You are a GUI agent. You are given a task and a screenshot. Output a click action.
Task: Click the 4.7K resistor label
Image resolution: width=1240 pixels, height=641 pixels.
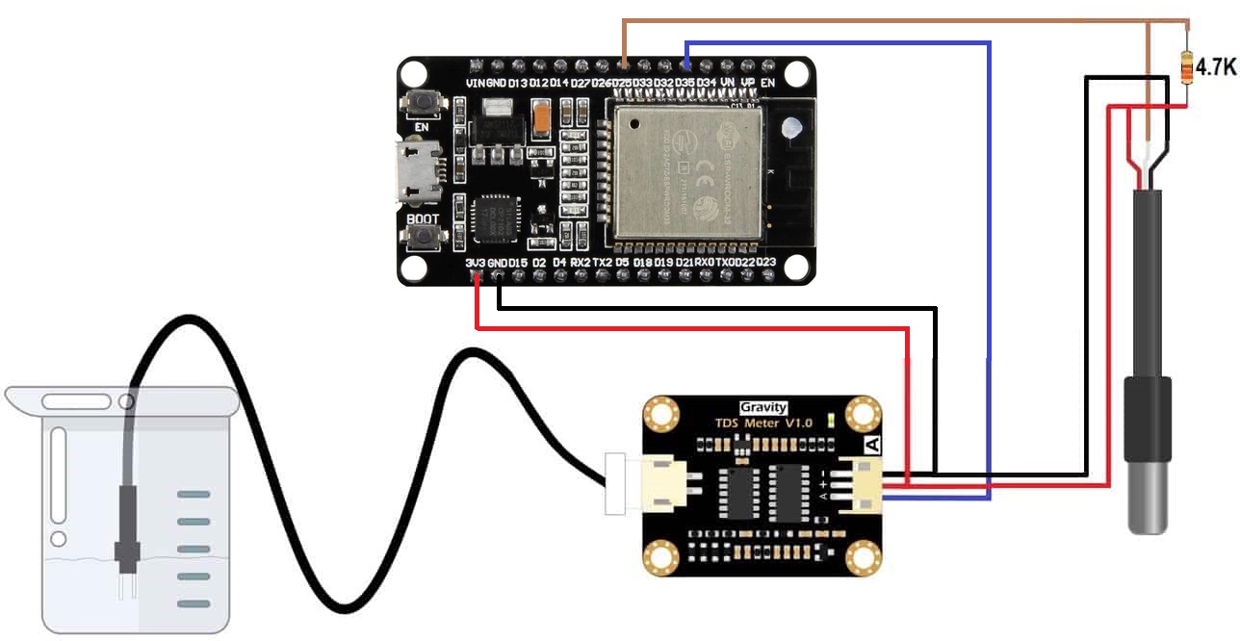coord(1215,67)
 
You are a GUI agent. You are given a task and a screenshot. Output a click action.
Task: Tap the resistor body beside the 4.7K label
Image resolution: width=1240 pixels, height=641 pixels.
coord(1186,67)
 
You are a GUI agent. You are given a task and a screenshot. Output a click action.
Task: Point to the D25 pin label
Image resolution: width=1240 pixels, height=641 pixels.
coord(624,84)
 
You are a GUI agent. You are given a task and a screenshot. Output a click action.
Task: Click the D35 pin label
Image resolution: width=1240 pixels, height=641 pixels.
coord(685,84)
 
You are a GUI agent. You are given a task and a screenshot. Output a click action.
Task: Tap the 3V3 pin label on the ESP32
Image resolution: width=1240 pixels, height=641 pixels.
coord(475,262)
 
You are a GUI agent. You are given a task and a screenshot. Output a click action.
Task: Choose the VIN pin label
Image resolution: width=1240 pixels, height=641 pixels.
coord(475,84)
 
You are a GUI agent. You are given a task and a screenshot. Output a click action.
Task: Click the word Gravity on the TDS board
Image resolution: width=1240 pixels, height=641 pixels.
coord(762,407)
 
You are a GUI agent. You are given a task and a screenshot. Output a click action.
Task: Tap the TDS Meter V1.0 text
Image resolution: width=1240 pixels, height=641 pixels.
coord(762,423)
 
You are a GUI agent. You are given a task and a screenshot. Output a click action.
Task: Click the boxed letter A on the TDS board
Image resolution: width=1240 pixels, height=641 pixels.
coord(872,445)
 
